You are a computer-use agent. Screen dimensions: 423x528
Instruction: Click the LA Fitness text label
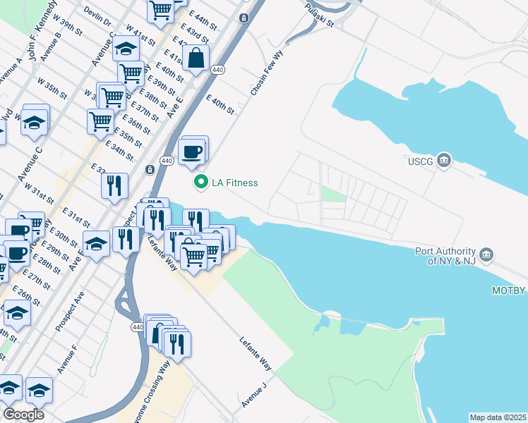pos(235,183)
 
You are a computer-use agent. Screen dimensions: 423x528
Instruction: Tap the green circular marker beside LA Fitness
pos(201,183)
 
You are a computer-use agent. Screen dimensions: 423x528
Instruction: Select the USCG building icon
pos(443,161)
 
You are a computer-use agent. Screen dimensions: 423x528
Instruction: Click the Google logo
pos(23,415)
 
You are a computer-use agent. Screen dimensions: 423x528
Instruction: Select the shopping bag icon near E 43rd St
pos(196,60)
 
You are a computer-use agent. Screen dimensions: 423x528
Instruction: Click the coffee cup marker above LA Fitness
pos(191,151)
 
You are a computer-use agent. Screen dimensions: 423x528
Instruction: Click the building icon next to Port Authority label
pos(486,254)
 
